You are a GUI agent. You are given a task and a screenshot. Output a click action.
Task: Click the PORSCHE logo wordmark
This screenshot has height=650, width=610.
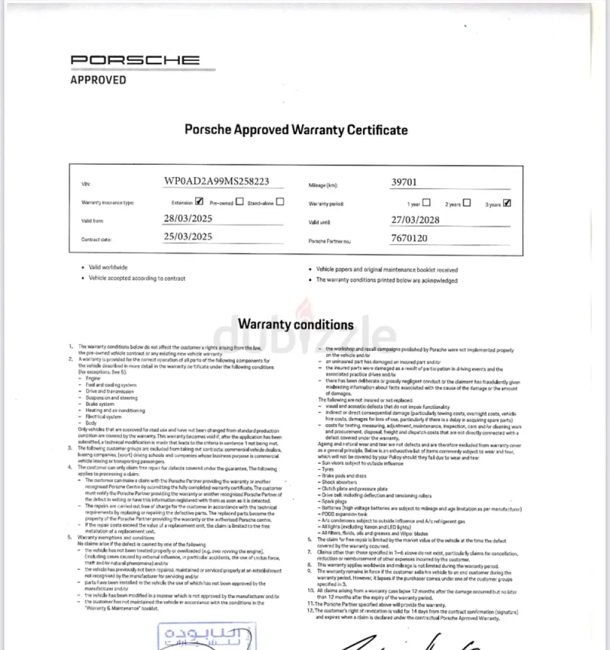point(135,60)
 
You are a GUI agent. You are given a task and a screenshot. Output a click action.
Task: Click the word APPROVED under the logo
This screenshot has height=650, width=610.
point(98,80)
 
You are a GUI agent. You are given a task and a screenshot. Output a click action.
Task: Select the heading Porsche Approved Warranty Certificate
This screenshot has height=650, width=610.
point(296,129)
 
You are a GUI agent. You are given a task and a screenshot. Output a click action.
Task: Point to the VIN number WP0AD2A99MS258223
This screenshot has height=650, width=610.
point(216,181)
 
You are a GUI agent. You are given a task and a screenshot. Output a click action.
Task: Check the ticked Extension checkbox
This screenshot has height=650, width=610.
point(199,201)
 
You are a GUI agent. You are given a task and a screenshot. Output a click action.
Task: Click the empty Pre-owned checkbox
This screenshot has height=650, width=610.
point(240,201)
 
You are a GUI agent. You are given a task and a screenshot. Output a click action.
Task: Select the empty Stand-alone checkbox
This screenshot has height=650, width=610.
point(279,201)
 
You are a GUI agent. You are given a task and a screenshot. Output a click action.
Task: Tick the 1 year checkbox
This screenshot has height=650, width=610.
point(426,203)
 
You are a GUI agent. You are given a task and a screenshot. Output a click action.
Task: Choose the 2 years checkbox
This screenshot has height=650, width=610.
point(467,203)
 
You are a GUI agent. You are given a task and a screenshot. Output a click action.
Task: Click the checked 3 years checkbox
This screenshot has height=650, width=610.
point(507,203)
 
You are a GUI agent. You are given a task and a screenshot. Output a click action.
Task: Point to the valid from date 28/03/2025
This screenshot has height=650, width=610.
point(188,218)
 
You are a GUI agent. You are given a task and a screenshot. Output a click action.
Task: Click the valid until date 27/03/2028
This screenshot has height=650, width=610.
point(415,220)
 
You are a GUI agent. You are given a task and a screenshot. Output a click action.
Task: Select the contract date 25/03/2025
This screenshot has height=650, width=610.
point(188,237)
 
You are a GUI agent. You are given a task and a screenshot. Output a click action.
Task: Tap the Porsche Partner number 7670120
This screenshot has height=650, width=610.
point(409,239)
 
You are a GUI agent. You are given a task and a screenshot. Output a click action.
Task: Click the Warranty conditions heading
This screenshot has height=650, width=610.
point(296,324)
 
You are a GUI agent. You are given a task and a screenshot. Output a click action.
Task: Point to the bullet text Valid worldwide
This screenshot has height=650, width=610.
point(108,267)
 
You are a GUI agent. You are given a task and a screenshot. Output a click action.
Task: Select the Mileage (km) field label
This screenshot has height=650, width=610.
point(323,184)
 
